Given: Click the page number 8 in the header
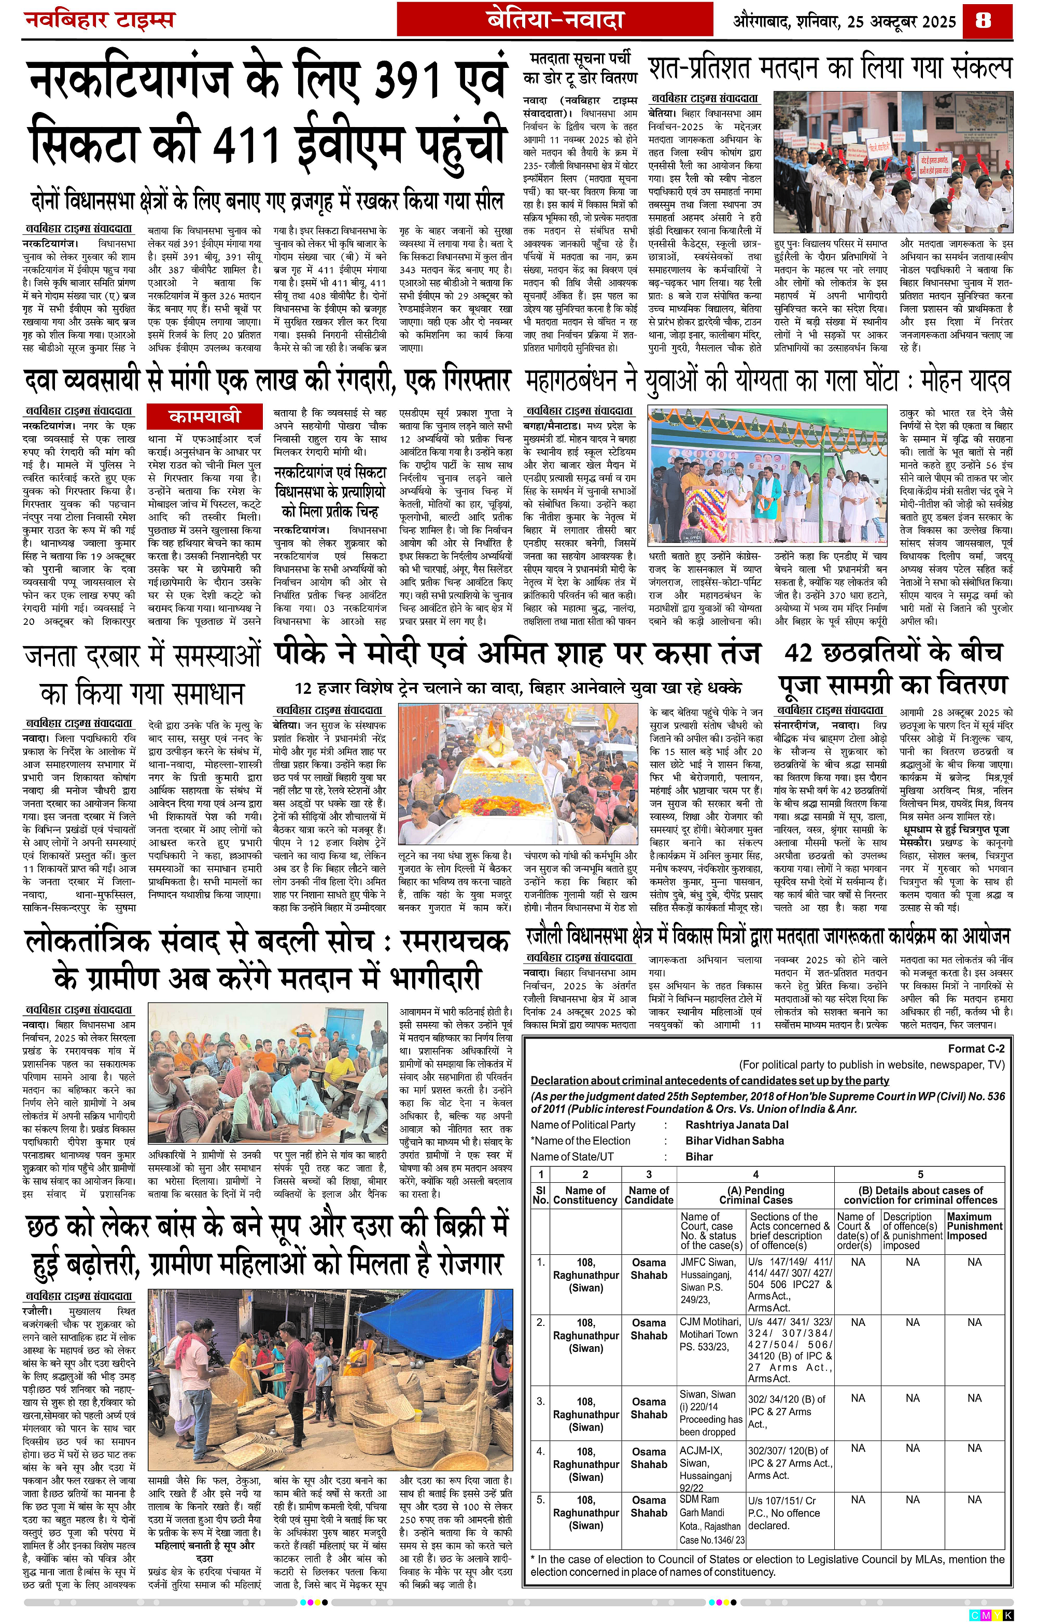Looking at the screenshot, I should [983, 20].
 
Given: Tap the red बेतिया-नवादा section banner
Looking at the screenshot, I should [555, 21].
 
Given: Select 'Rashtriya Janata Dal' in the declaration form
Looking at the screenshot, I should [737, 1124].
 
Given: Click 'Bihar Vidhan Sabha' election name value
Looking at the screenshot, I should [734, 1140].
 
